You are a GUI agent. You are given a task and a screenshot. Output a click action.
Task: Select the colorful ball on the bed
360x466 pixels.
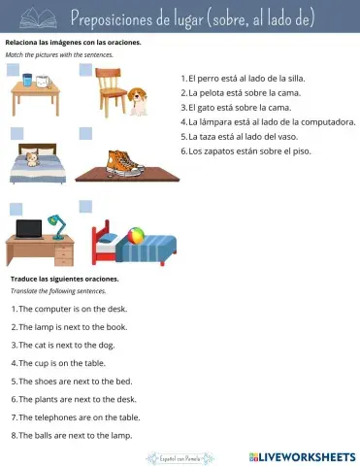(x=138, y=236)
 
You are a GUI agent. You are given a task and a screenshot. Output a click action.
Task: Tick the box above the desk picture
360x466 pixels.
(x=16, y=208)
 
